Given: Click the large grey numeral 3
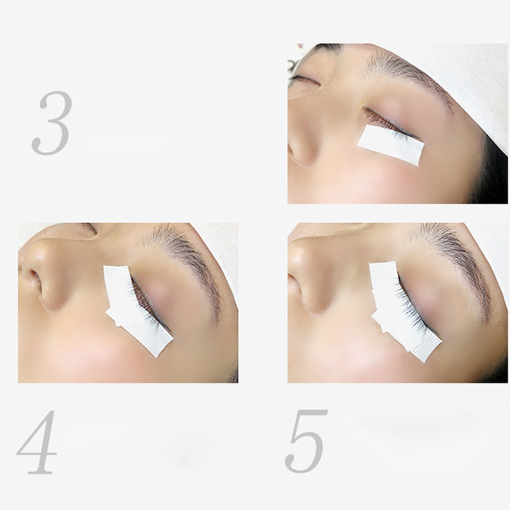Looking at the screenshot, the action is [x=52, y=123].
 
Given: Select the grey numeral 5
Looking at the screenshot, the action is [x=306, y=441].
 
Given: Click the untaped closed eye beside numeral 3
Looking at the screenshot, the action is [x=304, y=79].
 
